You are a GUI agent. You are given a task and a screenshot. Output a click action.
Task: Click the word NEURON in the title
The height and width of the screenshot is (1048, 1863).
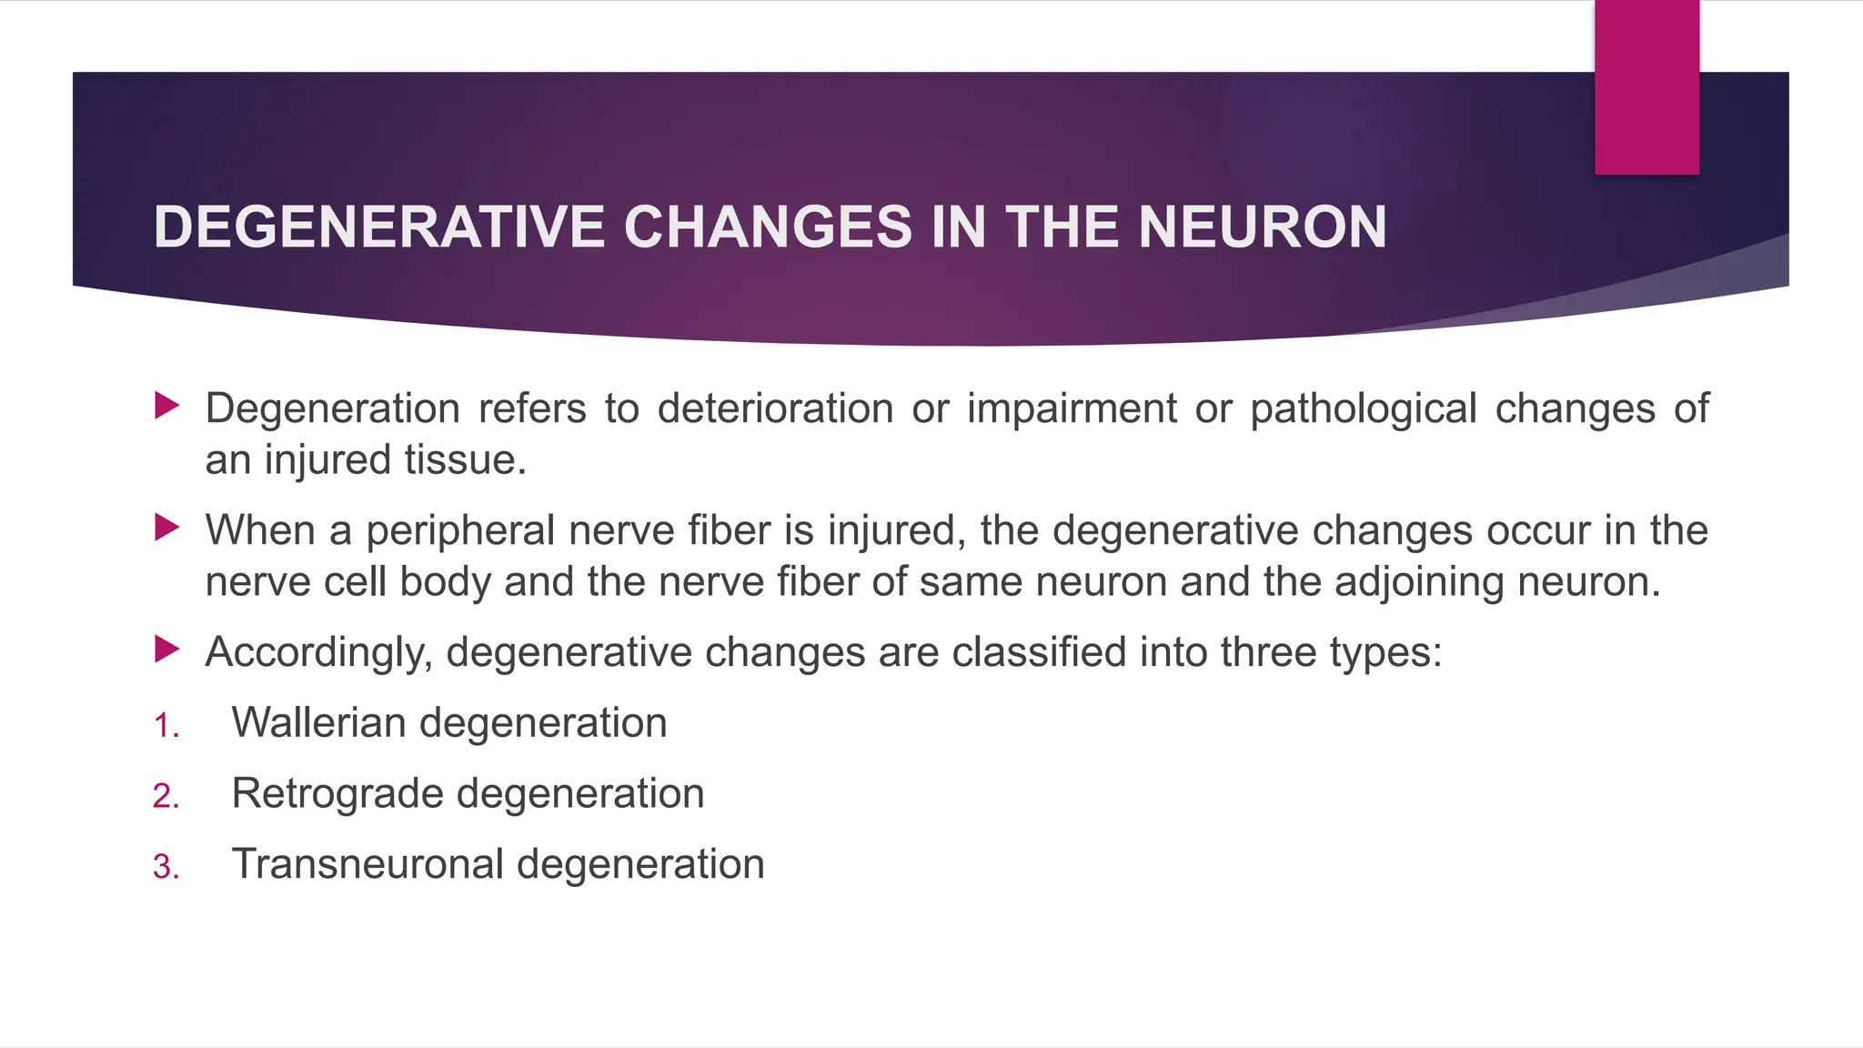point(1263,227)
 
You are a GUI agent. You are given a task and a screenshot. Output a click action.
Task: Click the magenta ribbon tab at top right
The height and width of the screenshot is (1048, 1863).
point(1646,86)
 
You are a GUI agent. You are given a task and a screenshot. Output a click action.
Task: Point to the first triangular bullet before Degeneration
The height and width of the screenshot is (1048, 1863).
point(166,406)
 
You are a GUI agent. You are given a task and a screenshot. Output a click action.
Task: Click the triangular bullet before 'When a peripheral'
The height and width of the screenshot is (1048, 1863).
point(166,528)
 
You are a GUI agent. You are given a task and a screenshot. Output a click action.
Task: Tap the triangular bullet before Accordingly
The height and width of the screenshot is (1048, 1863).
point(166,650)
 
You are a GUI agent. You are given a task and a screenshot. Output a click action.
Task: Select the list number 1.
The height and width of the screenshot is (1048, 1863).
point(166,726)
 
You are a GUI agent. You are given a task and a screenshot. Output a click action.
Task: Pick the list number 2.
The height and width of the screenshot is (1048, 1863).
point(166,796)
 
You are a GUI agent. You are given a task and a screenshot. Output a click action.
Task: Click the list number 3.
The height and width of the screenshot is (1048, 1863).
point(166,867)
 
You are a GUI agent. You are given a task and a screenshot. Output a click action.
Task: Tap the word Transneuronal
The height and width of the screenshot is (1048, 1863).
point(368,863)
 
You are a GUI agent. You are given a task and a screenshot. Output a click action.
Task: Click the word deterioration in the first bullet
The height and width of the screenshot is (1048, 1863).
point(775,408)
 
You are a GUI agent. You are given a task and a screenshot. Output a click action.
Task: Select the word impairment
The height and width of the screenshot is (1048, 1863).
point(1072,409)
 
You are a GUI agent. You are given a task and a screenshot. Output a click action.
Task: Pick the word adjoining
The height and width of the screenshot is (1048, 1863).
point(1419,582)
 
